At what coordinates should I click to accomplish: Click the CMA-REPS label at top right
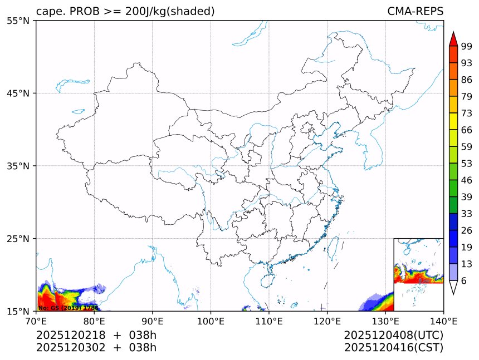(x=415, y=11)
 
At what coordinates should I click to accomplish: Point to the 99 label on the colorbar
(x=467, y=46)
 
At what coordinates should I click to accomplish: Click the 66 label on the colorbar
(x=467, y=130)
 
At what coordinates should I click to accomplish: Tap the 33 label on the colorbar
(x=467, y=214)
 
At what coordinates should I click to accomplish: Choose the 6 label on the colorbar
(x=464, y=281)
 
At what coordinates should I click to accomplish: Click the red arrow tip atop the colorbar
(x=453, y=39)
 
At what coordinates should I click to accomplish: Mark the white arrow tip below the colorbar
(x=453, y=288)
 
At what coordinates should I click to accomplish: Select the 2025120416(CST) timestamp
(x=393, y=348)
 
